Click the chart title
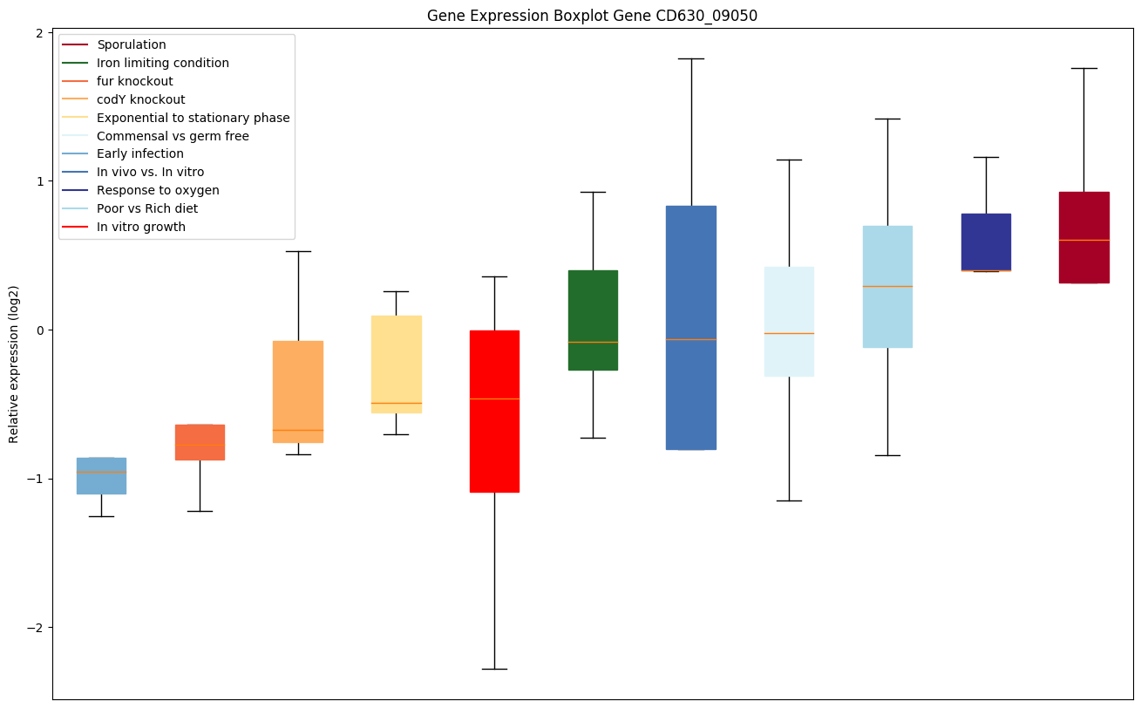(x=586, y=16)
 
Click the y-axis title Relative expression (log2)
(x=14, y=364)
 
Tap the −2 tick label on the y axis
(x=37, y=628)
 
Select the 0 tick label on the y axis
(x=41, y=330)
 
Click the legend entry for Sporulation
(x=132, y=44)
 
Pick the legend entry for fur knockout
(x=135, y=81)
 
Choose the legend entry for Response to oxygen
(x=158, y=190)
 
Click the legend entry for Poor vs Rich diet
(x=147, y=208)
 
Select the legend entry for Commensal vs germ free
(x=173, y=136)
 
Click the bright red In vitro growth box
(x=494, y=411)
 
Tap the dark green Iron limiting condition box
(x=593, y=320)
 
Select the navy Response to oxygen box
(x=986, y=242)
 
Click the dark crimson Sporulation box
(x=1083, y=237)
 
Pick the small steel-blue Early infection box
(x=101, y=476)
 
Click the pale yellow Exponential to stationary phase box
(x=397, y=364)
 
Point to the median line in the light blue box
(x=887, y=286)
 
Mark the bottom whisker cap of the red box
(x=494, y=669)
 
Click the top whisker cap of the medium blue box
(x=691, y=58)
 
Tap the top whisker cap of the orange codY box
(x=298, y=251)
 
